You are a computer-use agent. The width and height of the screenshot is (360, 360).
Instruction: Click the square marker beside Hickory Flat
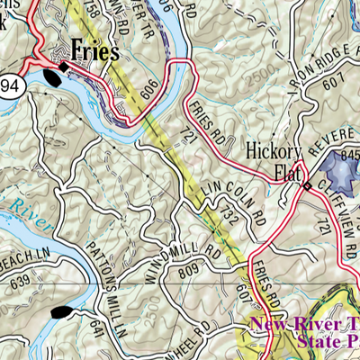click(307, 185)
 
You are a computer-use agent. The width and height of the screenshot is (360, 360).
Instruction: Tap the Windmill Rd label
click(180, 247)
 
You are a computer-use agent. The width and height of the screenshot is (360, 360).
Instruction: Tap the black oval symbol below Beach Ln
click(61, 312)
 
